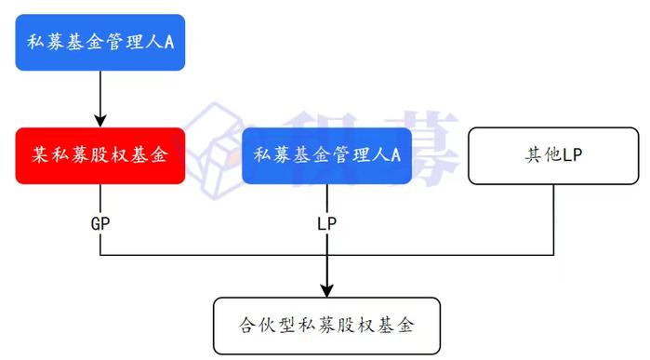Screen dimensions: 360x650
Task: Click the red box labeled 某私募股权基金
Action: (x=100, y=154)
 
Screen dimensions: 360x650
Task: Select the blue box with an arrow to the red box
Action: (x=100, y=42)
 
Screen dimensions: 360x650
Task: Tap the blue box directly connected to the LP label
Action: (x=326, y=154)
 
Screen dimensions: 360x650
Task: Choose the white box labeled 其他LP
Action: (x=552, y=154)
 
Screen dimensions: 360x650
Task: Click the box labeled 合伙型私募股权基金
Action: (x=325, y=326)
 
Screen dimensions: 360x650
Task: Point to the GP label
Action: (x=100, y=223)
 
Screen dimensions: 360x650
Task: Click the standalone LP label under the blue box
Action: (x=326, y=223)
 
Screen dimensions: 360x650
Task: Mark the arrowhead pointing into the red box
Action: (x=100, y=120)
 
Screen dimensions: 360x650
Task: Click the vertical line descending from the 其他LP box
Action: (x=554, y=219)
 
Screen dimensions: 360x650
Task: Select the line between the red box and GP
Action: (x=100, y=198)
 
